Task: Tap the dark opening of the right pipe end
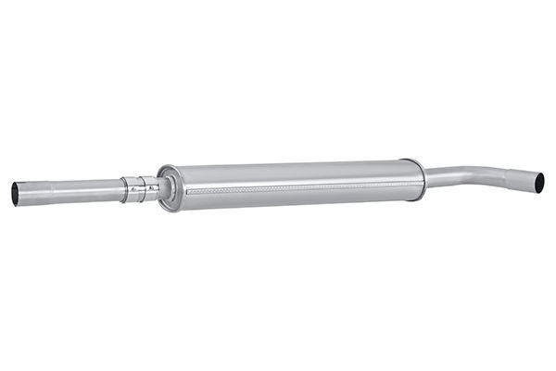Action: tap(539, 182)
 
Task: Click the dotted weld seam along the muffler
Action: tap(297, 185)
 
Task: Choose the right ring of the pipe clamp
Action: tap(150, 188)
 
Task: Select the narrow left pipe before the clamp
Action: tap(88, 191)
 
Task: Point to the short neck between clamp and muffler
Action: tap(158, 188)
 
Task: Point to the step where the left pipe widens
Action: tap(52, 192)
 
